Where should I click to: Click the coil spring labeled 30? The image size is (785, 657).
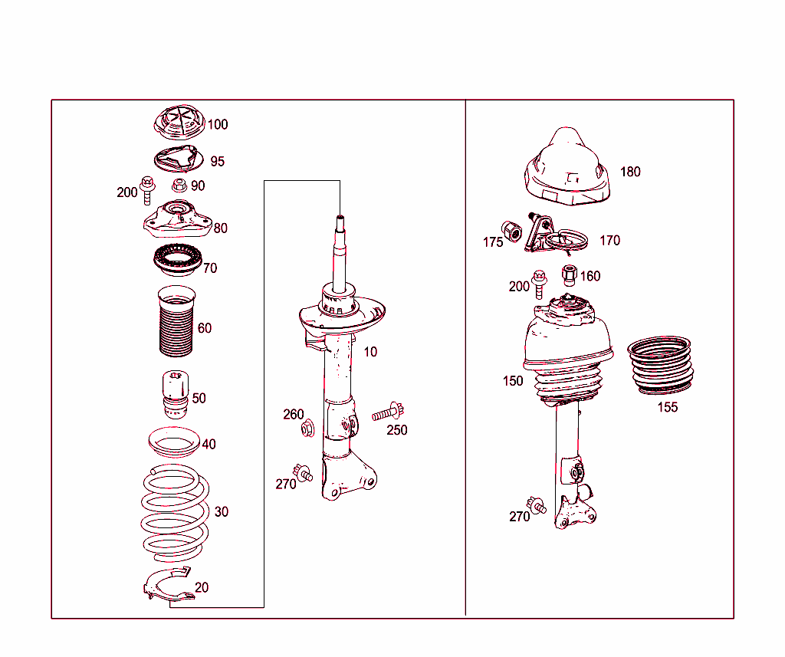[175, 513]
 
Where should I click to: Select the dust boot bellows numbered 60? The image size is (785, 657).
[176, 321]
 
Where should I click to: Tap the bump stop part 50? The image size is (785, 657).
[176, 395]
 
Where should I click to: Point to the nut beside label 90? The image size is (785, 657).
[179, 186]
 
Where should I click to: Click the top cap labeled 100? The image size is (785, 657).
[179, 123]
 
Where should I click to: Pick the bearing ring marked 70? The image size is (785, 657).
[177, 259]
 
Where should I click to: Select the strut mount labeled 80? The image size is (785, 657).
[178, 219]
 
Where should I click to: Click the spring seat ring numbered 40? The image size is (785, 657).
[174, 442]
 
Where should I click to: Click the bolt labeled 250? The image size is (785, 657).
[388, 413]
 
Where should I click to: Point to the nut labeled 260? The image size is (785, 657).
[307, 429]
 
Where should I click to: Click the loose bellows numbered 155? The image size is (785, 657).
[661, 366]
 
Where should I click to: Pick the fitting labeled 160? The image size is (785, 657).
[570, 275]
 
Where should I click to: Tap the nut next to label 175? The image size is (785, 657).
[511, 232]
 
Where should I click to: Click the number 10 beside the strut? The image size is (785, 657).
[370, 352]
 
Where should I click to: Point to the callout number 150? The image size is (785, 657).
[513, 381]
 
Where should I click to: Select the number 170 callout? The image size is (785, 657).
[609, 241]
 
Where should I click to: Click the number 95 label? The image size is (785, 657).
[217, 161]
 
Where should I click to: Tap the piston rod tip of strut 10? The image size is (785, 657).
[340, 217]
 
